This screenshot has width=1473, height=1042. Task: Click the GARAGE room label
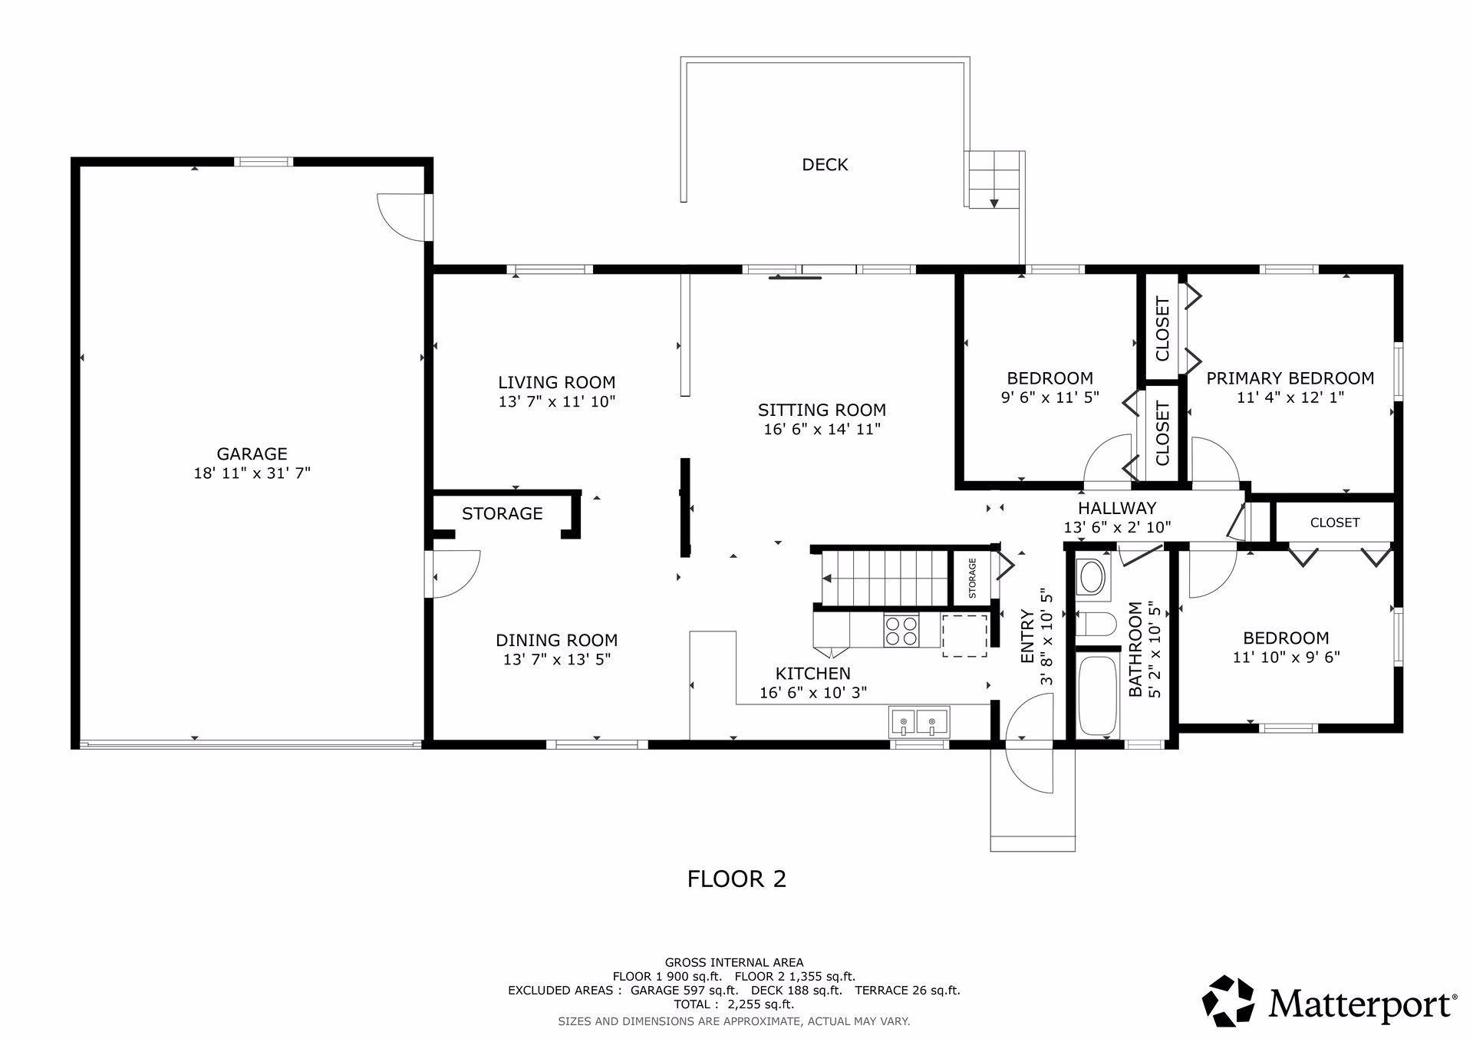(252, 454)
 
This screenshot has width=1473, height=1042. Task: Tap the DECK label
(825, 164)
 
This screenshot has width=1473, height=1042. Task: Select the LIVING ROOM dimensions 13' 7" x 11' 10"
(557, 401)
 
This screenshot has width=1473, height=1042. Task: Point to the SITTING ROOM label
(822, 411)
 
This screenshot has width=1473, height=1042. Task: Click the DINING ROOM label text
(556, 640)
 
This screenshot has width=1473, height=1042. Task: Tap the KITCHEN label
(813, 674)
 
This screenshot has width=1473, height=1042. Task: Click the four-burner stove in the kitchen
(901, 631)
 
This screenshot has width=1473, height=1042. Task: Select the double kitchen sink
(919, 722)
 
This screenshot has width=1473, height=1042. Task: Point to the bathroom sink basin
(1092, 576)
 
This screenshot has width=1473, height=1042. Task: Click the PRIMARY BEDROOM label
(1290, 378)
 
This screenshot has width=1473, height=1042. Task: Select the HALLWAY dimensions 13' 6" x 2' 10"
(1117, 527)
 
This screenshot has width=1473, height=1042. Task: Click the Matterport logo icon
(1228, 1001)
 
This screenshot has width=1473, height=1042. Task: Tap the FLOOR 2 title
(736, 879)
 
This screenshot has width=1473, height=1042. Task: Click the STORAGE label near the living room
(503, 513)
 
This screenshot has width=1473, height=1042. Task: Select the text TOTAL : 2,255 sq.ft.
(734, 1004)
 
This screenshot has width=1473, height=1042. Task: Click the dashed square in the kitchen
(965, 635)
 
